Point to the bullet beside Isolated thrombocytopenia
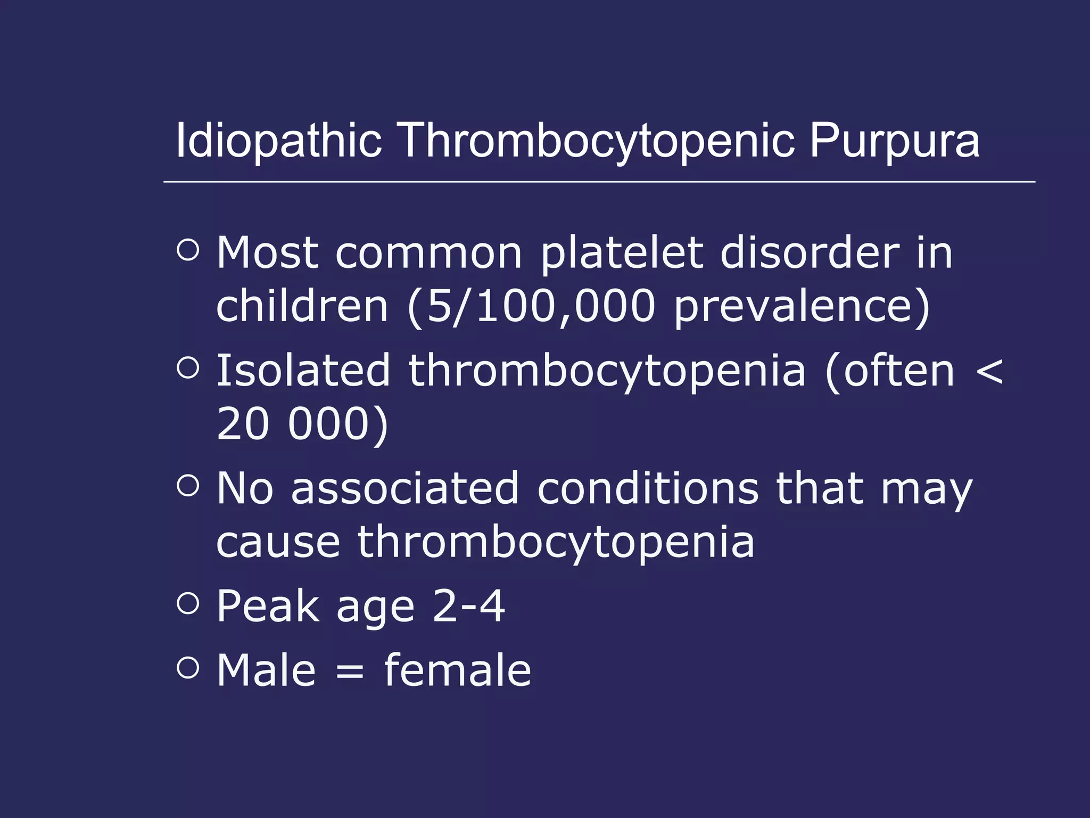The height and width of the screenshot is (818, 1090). (x=188, y=367)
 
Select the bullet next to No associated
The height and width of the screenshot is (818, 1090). (x=188, y=485)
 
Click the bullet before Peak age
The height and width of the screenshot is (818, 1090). (x=188, y=603)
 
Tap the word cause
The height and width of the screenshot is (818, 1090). (x=278, y=542)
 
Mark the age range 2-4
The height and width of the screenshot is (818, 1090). (x=468, y=606)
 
